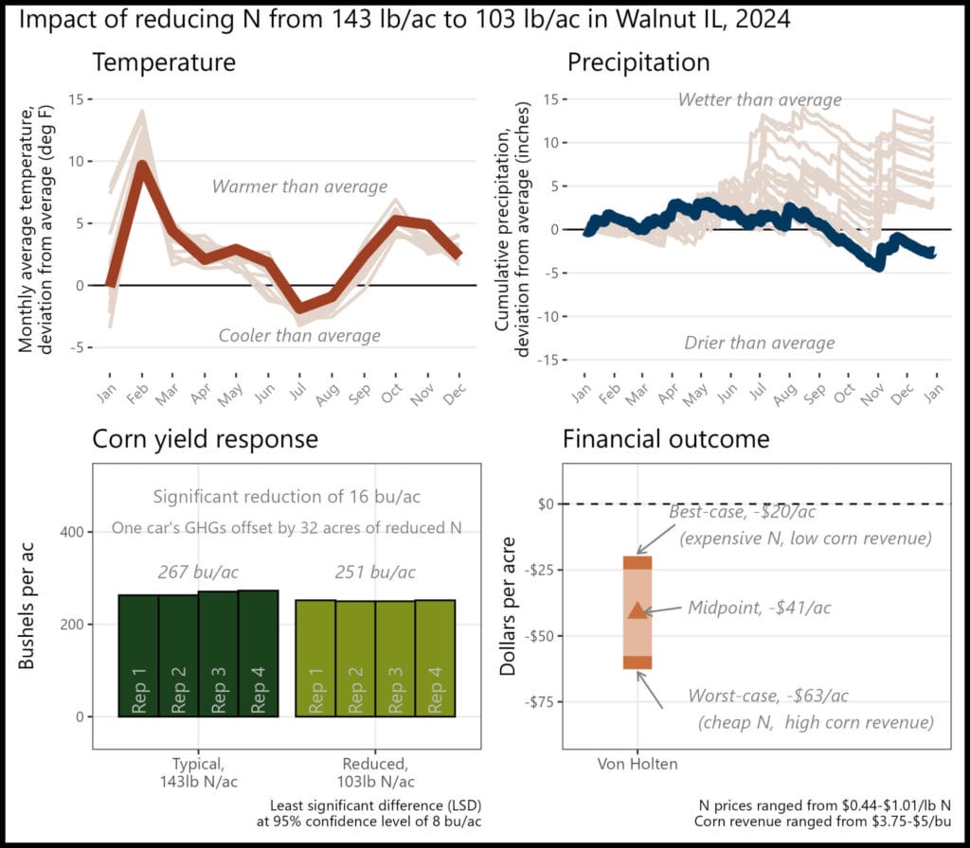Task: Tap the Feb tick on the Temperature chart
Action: [x=136, y=395]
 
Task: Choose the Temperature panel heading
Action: [x=163, y=63]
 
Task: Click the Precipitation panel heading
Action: [x=638, y=63]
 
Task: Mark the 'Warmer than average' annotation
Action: [x=299, y=186]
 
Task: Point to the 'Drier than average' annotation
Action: [x=760, y=343]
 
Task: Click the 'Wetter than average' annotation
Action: [x=760, y=99]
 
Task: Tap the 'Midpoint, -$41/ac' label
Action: [x=760, y=608]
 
